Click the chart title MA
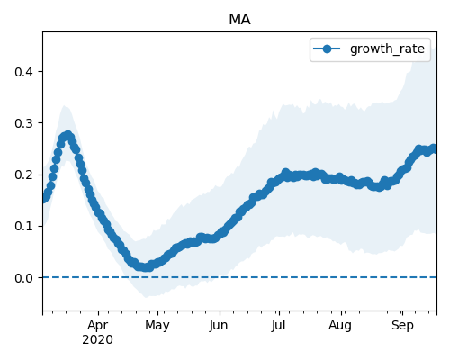(239, 20)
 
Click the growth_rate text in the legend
(387, 49)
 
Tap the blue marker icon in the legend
(327, 49)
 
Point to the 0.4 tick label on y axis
(23, 72)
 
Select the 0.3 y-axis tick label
(23, 123)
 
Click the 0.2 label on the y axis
(23, 175)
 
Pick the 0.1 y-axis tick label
(23, 226)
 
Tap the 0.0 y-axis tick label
(23, 278)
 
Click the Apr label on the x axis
(98, 326)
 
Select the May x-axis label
(157, 326)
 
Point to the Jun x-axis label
(219, 326)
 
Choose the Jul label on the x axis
(278, 326)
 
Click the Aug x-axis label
(340, 326)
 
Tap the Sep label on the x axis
(402, 326)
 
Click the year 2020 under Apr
(98, 339)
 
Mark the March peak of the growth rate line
(68, 136)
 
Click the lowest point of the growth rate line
(146, 266)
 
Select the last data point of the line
(434, 148)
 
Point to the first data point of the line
(44, 198)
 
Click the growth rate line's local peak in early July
(285, 173)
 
